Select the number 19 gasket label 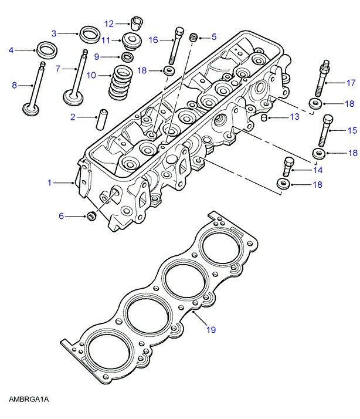211,330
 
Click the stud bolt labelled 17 322,80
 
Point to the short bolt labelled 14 287,167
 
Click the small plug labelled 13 264,119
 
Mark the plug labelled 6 91,217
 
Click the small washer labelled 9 127,57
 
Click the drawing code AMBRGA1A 28,400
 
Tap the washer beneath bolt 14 281,185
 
